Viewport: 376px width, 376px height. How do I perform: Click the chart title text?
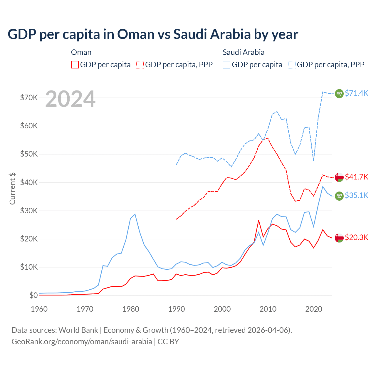(x=153, y=34)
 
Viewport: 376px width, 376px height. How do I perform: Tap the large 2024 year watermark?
(x=70, y=99)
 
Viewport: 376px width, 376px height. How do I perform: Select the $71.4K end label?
(x=356, y=93)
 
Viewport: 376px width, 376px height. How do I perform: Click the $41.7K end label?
(x=356, y=177)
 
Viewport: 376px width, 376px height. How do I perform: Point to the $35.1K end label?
(x=356, y=195)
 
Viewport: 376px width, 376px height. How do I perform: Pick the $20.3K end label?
(x=356, y=237)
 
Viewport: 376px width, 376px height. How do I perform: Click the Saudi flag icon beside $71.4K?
(x=339, y=93)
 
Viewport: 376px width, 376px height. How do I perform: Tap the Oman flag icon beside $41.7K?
(x=339, y=177)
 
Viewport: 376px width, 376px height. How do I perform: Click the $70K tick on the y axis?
(x=29, y=98)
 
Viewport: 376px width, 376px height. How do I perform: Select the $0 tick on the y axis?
(x=33, y=295)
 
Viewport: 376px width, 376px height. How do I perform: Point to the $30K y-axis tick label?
(x=29, y=211)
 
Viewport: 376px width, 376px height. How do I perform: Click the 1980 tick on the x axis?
(x=131, y=309)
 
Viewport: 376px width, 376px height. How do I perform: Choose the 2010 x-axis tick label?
(x=268, y=309)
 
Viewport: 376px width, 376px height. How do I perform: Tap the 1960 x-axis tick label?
(x=39, y=309)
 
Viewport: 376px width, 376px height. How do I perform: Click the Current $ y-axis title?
(x=12, y=188)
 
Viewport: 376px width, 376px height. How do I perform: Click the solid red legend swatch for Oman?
(x=75, y=65)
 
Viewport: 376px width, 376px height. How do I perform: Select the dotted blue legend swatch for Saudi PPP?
(x=292, y=65)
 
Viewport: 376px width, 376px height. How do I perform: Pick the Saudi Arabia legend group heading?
(x=244, y=52)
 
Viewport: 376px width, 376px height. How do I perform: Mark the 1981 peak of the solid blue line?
(x=135, y=214)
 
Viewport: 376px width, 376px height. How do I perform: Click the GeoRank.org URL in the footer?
(x=82, y=342)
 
